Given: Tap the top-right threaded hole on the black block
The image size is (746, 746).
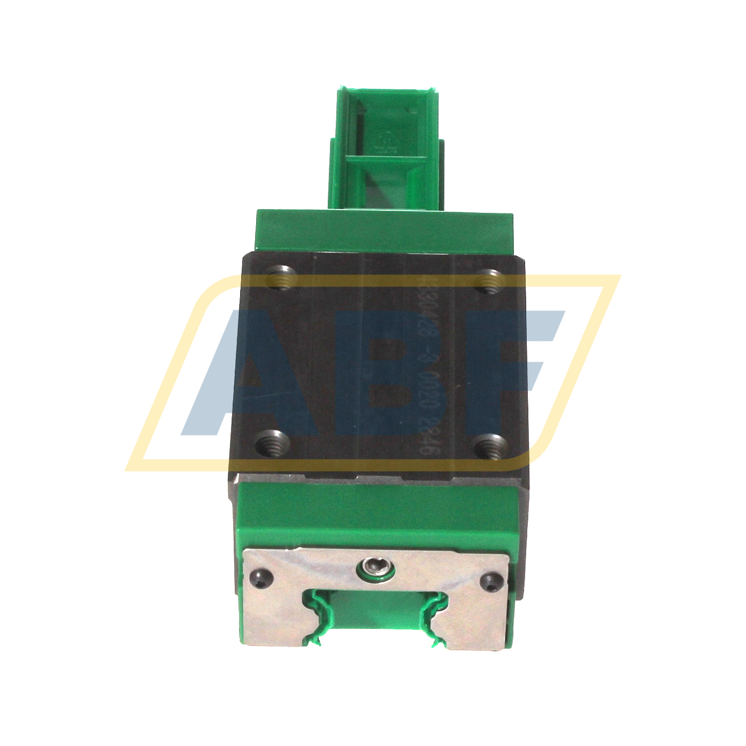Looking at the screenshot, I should (490, 281).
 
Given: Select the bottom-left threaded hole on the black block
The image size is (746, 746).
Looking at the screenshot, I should (273, 443).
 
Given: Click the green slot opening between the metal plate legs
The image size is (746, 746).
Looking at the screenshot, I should (374, 615).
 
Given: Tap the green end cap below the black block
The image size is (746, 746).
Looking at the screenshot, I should (374, 513).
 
